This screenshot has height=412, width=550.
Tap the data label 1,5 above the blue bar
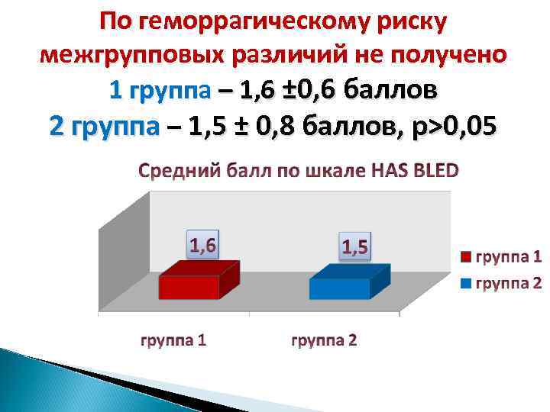coord(354,246)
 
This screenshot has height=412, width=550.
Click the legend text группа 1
coord(509,256)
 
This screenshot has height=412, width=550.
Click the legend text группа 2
coord(509,284)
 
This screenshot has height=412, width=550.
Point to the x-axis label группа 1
coord(173,340)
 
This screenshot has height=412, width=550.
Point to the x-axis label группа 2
coord(324,340)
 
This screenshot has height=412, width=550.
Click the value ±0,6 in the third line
coord(315,91)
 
